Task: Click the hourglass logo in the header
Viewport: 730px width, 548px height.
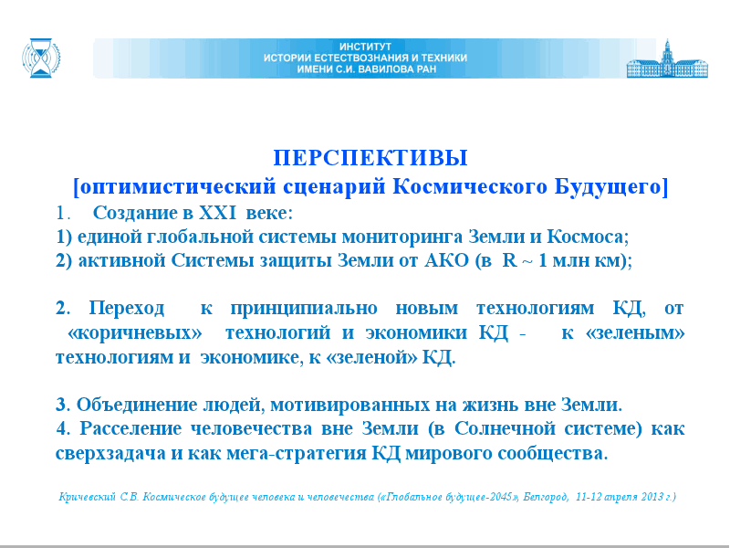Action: (x=41, y=58)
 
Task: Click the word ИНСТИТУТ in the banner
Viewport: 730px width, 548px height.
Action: (x=366, y=47)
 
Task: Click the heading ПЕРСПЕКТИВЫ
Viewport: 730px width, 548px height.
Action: (x=370, y=158)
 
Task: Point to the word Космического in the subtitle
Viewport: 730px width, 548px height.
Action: (x=470, y=187)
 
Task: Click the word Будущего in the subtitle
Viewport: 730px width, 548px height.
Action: (x=608, y=187)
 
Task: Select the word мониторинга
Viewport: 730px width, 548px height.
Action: (x=402, y=237)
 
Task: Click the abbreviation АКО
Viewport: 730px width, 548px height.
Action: (x=446, y=260)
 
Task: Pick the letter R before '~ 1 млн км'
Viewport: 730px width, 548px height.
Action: (x=510, y=260)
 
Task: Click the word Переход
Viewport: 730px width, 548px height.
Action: (x=127, y=308)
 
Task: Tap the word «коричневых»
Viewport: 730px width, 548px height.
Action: (x=135, y=333)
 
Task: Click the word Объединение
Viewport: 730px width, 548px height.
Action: (x=137, y=405)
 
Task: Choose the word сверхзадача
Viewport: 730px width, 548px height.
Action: (x=110, y=454)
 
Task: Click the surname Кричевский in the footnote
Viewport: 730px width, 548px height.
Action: (x=87, y=497)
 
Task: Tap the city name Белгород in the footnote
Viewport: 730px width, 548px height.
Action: (x=545, y=497)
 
